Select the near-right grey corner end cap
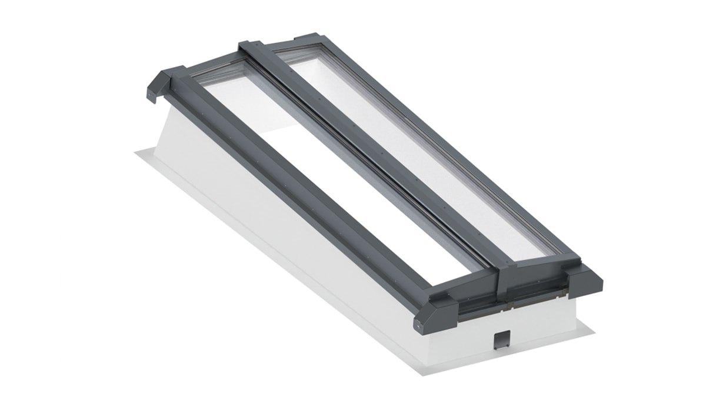point(585,280)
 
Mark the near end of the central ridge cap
point(507,277)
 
